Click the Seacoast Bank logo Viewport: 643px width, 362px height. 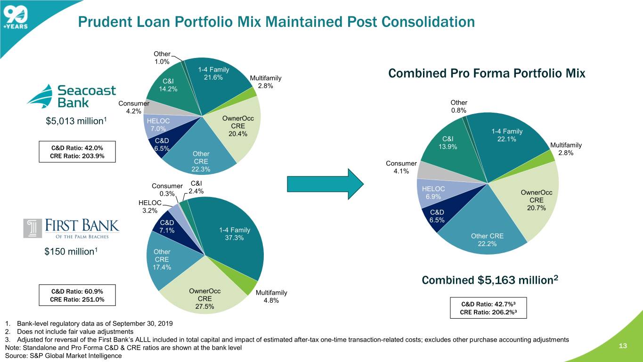point(71,96)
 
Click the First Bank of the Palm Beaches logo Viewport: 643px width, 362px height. point(71,228)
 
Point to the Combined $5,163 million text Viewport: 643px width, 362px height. point(490,280)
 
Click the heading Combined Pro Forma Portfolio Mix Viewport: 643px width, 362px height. point(487,74)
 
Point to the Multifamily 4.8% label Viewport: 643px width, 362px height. point(271,297)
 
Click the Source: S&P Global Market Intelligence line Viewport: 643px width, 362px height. point(63,355)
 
